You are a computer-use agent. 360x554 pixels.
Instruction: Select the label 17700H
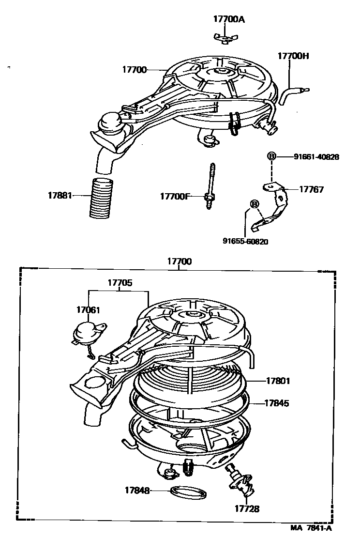[x=293, y=56]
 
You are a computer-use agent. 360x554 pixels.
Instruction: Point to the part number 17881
[x=60, y=196]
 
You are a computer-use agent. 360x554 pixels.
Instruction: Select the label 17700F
[x=175, y=196]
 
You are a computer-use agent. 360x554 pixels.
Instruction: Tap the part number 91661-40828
[x=316, y=156]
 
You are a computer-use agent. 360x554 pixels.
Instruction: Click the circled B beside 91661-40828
[x=271, y=156]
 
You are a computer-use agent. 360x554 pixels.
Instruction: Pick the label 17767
[x=311, y=189]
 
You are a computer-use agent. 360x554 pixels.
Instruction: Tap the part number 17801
[x=278, y=381]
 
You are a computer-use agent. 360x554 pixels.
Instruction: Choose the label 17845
[x=277, y=402]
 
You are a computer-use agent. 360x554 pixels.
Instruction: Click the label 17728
[x=247, y=508]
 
